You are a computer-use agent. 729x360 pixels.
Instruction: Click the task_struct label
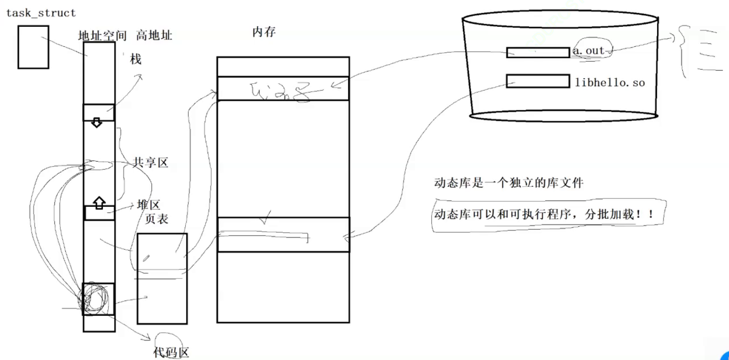click(41, 13)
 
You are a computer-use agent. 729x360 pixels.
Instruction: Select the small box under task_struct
click(33, 47)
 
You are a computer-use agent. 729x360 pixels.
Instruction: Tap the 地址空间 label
click(102, 36)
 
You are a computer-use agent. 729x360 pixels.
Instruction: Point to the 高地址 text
click(154, 36)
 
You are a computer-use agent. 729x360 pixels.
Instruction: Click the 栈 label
click(136, 59)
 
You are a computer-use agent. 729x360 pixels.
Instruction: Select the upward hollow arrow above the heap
click(99, 201)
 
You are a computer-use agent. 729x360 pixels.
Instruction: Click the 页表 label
click(156, 219)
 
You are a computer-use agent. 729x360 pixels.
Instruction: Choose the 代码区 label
click(171, 352)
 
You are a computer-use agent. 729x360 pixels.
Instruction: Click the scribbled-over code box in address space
click(99, 299)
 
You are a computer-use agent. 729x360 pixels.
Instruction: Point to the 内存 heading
click(264, 32)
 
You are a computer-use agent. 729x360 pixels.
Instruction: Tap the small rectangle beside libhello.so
click(538, 81)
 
